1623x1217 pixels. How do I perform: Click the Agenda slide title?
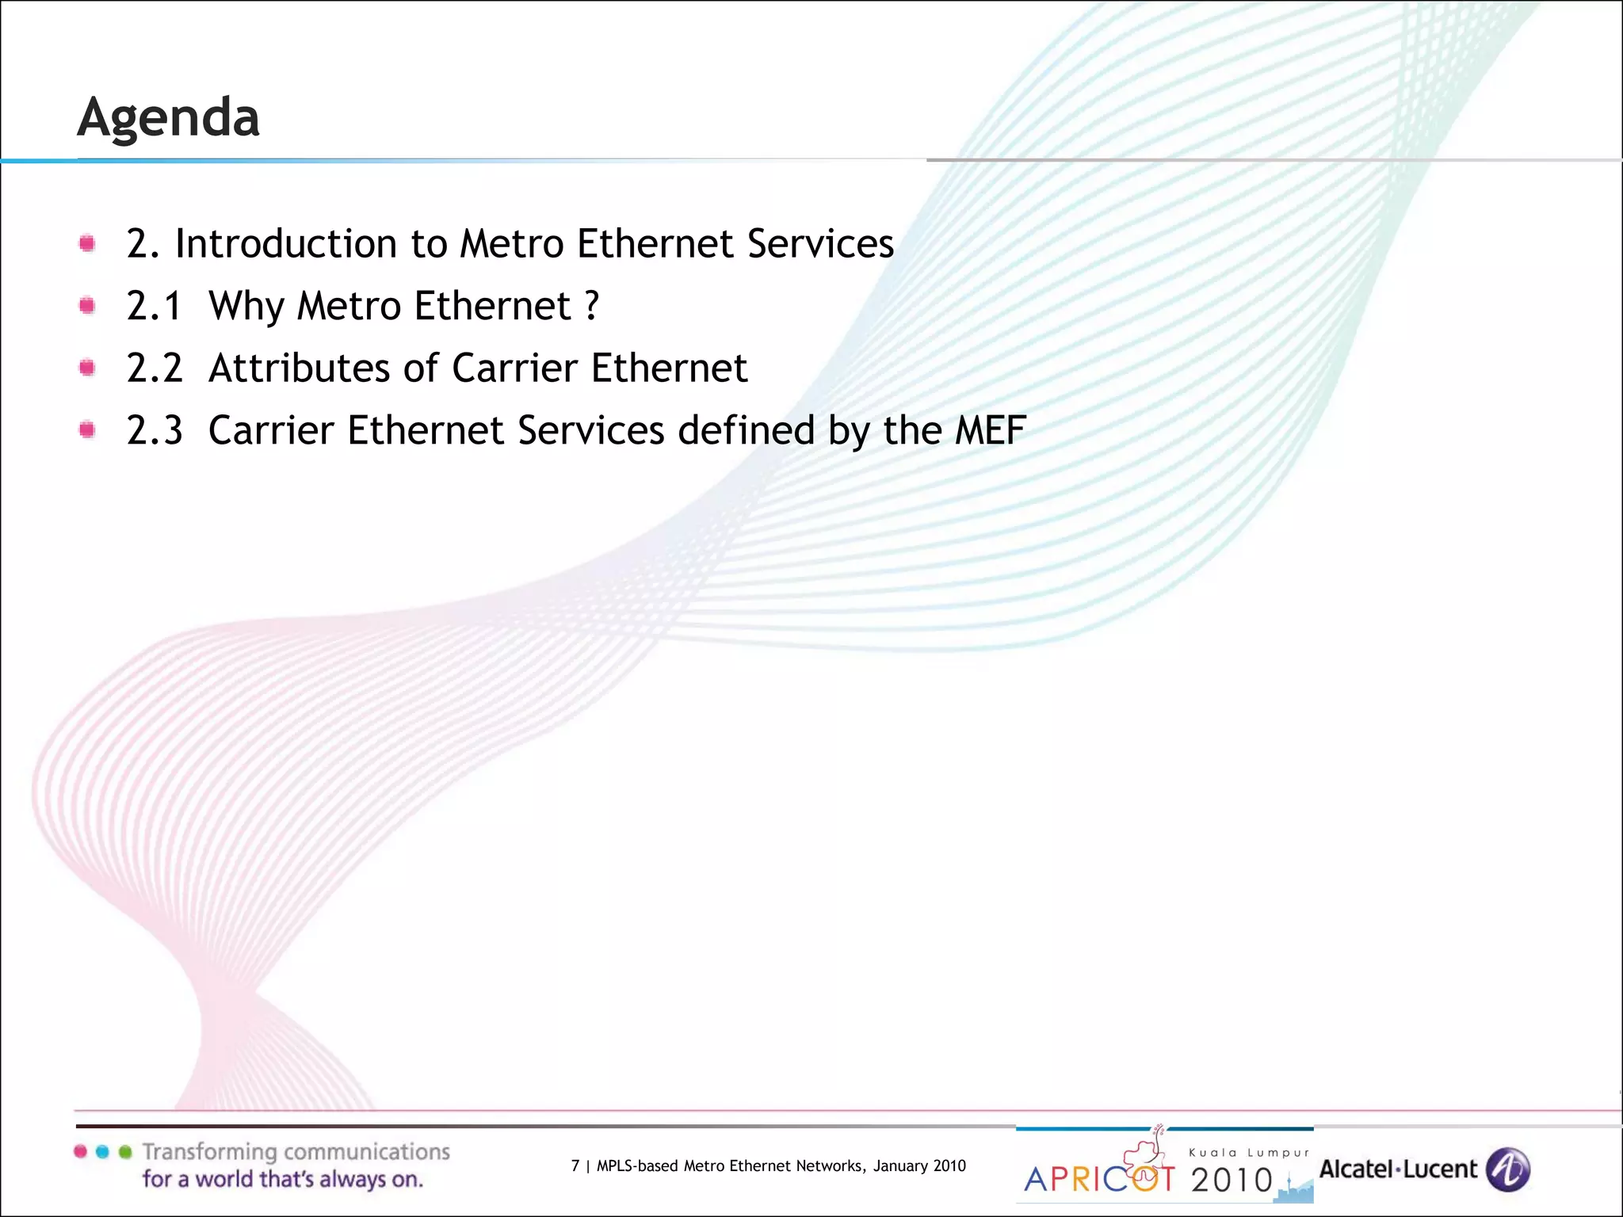point(168,117)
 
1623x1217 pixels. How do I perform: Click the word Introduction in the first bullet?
point(285,243)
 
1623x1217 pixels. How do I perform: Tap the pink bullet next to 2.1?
point(87,306)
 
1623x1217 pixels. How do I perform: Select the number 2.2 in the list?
point(155,368)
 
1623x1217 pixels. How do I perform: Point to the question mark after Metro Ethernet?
point(592,306)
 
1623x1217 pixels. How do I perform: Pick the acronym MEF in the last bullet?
point(991,430)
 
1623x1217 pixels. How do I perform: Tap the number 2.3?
point(155,430)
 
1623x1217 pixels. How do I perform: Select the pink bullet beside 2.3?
point(87,430)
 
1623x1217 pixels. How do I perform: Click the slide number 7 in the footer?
point(575,1165)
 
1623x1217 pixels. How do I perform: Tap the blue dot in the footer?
point(102,1152)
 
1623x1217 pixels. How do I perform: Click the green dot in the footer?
point(124,1152)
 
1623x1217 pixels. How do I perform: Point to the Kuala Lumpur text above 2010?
point(1249,1153)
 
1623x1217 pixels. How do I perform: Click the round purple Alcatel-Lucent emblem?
point(1507,1169)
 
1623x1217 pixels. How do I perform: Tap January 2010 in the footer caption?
point(919,1165)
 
